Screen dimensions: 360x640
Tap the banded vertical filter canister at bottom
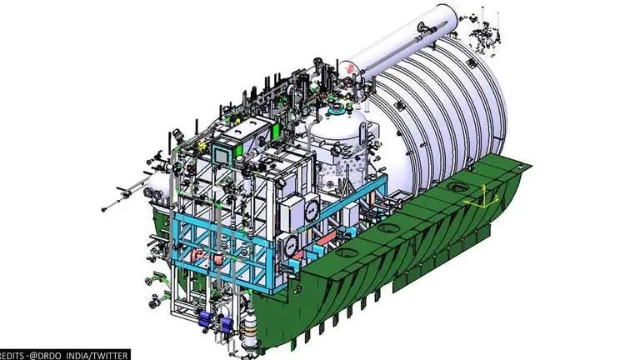247,332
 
